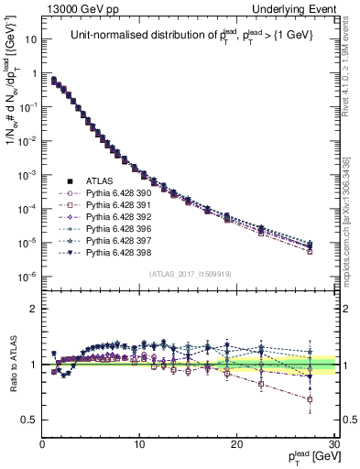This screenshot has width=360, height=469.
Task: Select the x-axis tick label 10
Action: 139,443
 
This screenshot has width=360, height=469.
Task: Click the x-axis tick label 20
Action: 236,443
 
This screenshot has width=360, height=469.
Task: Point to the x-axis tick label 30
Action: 333,443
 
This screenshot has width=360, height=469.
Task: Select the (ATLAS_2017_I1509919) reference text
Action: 189,274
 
